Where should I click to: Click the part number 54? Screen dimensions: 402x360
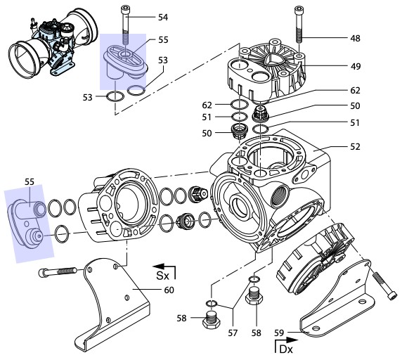pos(163,18)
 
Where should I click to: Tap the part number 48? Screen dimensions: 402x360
pos(355,39)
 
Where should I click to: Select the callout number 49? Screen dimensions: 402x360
pos(356,66)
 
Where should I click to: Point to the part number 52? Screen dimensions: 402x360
pos(355,147)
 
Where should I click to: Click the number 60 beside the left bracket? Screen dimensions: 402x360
pos(169,290)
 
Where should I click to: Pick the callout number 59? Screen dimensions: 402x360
pos(279,333)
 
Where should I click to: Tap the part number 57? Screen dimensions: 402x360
pos(233,333)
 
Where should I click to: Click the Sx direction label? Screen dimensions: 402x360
pos(163,276)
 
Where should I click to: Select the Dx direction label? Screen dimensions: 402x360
pos(286,349)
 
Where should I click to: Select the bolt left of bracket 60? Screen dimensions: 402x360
pos(58,271)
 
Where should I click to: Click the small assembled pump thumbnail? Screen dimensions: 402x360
pos(53,44)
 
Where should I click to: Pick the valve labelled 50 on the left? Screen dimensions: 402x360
pos(239,131)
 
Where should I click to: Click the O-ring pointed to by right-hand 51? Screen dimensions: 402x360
pos(261,129)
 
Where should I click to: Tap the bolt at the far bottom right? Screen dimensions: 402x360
pos(384,286)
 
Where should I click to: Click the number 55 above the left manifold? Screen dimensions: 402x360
pos(30,182)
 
